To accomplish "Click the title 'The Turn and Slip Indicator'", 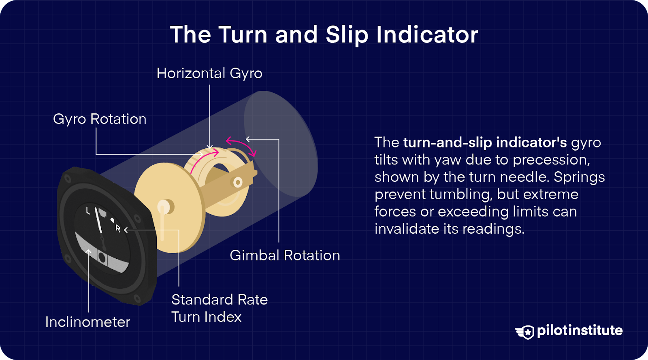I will [324, 35].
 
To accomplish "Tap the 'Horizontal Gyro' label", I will [209, 73].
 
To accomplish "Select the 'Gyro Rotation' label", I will [100, 119].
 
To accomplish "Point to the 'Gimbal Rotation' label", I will [285, 256].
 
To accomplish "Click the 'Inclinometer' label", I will [87, 322].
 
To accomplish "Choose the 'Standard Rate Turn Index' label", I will [219, 308].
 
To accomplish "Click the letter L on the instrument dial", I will [88, 211].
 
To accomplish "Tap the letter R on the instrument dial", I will [118, 228].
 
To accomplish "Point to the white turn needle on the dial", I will [98, 221].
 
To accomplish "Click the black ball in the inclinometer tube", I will [102, 258].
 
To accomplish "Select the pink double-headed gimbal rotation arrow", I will [241, 146].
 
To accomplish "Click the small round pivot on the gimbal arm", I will [238, 182].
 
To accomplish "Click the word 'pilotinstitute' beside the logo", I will [580, 330].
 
